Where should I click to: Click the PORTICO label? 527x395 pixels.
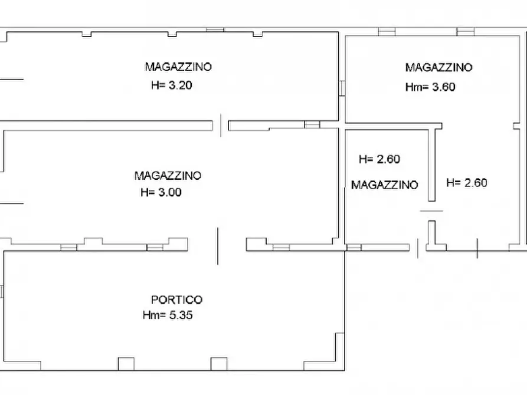coord(176,300)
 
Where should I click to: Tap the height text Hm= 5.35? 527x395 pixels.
coord(168,315)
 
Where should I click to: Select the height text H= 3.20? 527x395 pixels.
coord(172,85)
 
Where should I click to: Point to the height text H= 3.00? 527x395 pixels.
coord(161,192)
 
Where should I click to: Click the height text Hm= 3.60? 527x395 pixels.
coord(430,87)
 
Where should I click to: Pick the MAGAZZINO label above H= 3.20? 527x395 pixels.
coord(178,67)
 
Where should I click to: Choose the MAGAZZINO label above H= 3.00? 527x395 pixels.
coord(168,175)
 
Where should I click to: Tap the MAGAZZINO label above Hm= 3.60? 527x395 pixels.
coord(438,67)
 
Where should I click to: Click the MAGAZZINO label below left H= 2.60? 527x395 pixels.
coord(384,185)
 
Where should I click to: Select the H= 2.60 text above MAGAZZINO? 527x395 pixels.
coord(379,159)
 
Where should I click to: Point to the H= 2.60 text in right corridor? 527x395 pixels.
coord(467,183)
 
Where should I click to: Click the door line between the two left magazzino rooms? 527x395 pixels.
coord(221,125)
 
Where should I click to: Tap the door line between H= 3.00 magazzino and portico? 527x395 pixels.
coord(217,246)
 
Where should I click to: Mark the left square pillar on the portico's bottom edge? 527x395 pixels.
coord(126,364)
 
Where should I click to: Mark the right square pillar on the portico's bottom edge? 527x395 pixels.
coord(219,364)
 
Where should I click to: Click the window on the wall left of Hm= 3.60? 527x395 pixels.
coord(342,87)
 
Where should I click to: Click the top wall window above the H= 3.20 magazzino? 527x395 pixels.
coord(215,29)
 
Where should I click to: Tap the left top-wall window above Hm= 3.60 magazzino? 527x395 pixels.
coord(386,32)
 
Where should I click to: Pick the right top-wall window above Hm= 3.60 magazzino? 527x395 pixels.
coord(466,32)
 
